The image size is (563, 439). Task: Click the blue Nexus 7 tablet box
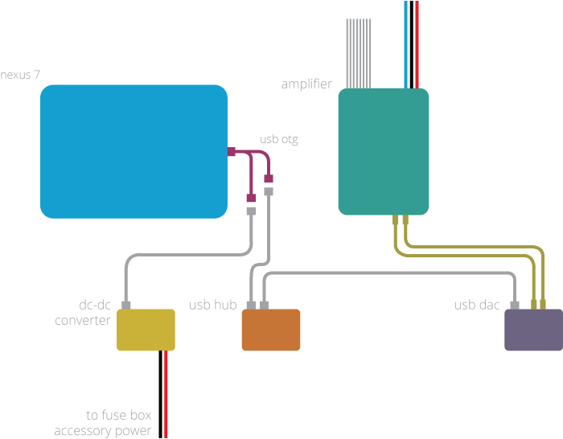(x=134, y=151)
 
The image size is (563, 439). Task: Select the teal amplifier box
(x=384, y=151)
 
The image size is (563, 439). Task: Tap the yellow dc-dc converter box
(x=146, y=330)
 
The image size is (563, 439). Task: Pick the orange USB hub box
(x=271, y=330)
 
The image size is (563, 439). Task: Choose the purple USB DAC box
(x=533, y=330)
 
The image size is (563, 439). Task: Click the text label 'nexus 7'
(x=20, y=75)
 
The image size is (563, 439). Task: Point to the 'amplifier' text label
(x=306, y=84)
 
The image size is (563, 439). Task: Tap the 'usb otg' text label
(x=279, y=139)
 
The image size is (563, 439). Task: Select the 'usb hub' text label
(x=213, y=305)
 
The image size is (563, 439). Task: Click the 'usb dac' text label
(x=477, y=305)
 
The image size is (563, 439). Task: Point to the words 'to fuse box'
(x=119, y=415)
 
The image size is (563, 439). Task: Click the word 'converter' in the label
(x=83, y=320)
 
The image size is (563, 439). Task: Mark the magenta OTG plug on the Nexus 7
(x=232, y=151)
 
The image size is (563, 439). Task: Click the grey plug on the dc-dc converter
(x=126, y=306)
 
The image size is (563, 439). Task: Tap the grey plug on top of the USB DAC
(x=515, y=306)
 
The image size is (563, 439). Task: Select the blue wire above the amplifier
(x=406, y=44)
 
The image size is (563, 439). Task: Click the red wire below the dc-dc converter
(x=166, y=394)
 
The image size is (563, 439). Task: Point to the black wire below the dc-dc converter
(x=161, y=394)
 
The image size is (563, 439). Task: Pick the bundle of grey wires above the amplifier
(x=359, y=54)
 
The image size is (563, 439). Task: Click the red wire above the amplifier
(x=417, y=44)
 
